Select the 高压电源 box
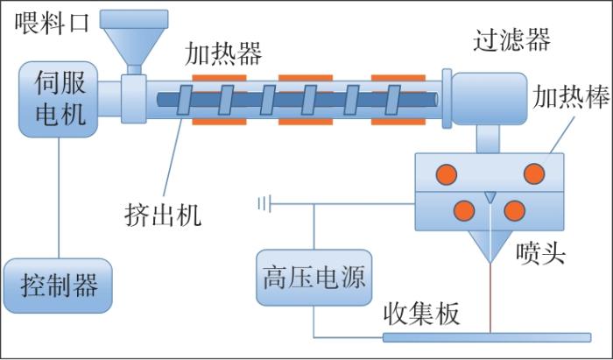(x=313, y=279)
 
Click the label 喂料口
(x=53, y=23)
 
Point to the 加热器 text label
(x=223, y=54)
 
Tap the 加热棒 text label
(x=571, y=98)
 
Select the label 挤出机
(x=163, y=212)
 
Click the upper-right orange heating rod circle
(x=534, y=173)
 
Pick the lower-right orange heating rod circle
(x=515, y=210)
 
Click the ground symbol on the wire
(x=263, y=205)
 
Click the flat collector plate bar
(x=486, y=337)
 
